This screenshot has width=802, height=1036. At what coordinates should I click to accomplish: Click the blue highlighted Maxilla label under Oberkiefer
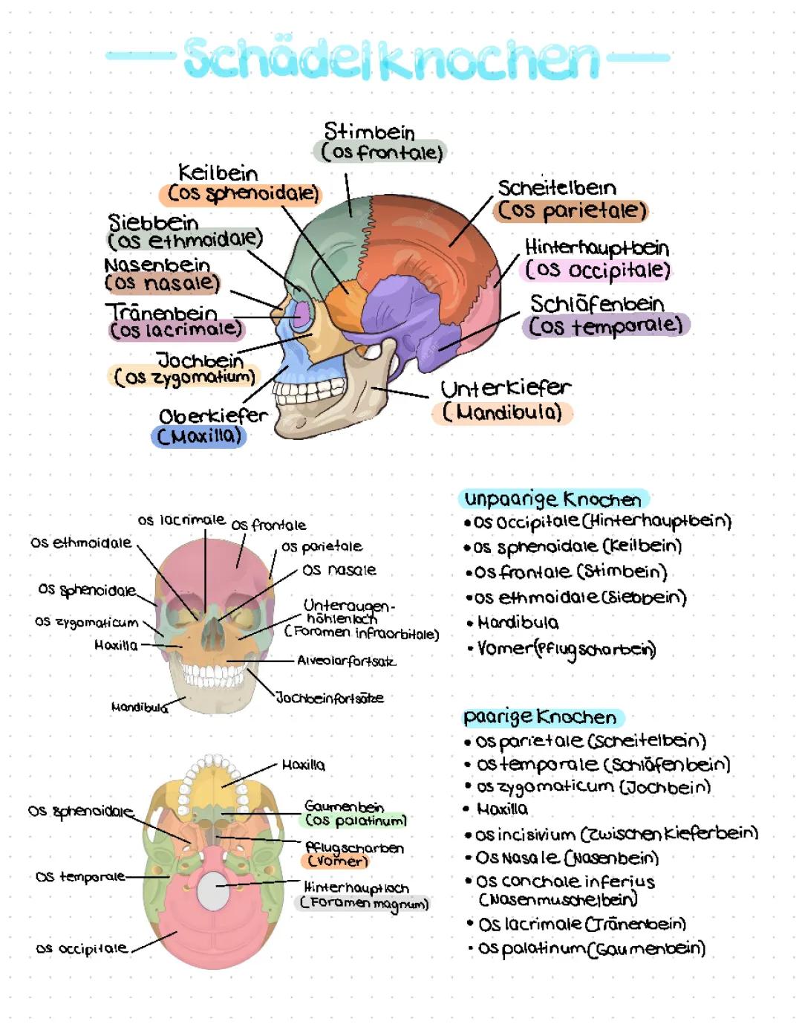pyautogui.click(x=199, y=436)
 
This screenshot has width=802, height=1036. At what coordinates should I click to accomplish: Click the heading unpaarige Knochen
pyautogui.click(x=552, y=499)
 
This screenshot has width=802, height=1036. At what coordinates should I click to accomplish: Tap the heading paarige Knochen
pyautogui.click(x=541, y=716)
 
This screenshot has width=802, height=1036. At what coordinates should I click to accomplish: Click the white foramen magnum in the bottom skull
pyautogui.click(x=212, y=890)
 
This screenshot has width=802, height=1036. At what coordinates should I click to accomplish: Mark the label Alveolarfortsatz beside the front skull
pyautogui.click(x=346, y=660)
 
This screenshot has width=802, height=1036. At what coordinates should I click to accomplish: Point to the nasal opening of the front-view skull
pyautogui.click(x=213, y=632)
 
